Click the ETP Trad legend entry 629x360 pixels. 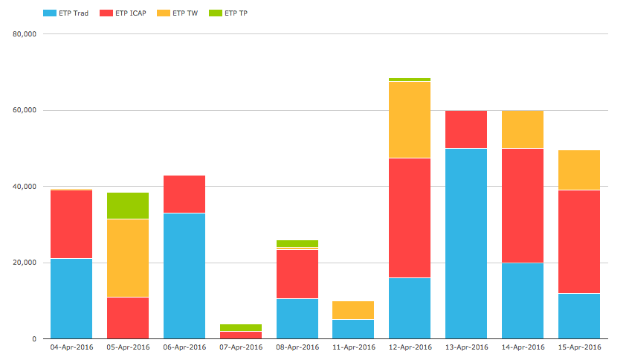[x=65, y=13]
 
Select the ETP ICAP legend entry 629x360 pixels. [x=123, y=13]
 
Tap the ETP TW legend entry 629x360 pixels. [x=177, y=13]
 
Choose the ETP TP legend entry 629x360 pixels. [x=228, y=13]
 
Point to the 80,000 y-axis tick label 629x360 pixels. [x=25, y=34]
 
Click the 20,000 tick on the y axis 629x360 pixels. [x=25, y=263]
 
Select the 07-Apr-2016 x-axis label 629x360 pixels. [x=241, y=347]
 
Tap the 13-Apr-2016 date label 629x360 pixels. [x=466, y=347]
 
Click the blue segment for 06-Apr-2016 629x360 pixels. [x=184, y=276]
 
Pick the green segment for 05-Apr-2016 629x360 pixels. [x=128, y=205]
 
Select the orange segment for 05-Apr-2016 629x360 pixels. [x=128, y=258]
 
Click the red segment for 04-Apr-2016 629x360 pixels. [x=71, y=224]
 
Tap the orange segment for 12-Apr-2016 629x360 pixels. [x=410, y=120]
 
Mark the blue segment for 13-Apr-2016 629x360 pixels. [x=466, y=244]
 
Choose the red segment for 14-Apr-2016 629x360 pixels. [x=523, y=206]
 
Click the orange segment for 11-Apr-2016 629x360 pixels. [x=353, y=310]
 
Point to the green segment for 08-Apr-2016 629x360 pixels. [x=297, y=244]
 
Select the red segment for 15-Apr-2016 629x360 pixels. [x=579, y=242]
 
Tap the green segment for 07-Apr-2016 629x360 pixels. [x=241, y=327]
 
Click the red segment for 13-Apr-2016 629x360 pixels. [x=466, y=129]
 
